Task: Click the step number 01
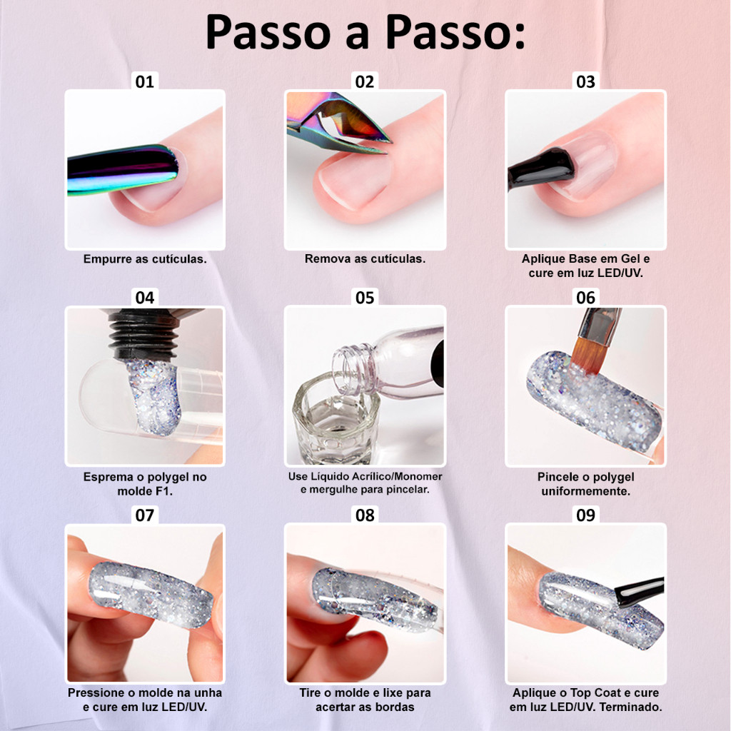point(144,82)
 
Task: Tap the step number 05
point(365,298)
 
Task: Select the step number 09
point(585,515)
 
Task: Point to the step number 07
point(144,515)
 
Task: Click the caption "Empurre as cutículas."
point(145,259)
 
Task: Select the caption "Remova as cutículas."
point(365,258)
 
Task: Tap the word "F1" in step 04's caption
point(166,491)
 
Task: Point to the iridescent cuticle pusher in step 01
point(123,170)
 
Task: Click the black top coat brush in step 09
point(640,591)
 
